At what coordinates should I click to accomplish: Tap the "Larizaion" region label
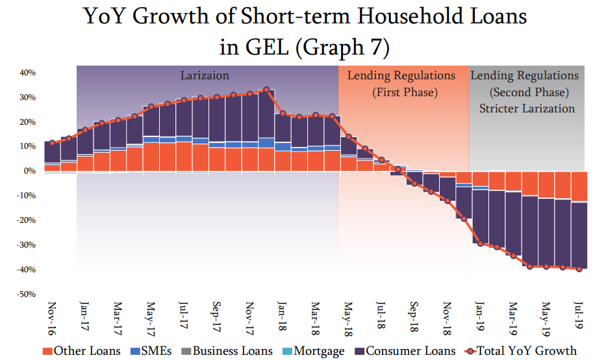point(205,76)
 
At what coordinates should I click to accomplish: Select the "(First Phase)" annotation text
point(405,92)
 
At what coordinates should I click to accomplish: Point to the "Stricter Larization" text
point(527,109)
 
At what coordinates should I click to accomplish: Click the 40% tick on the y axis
point(27,73)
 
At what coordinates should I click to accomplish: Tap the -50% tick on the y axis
point(25,294)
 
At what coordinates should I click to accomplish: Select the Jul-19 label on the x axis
point(579,316)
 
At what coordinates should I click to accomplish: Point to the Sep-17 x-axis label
point(217,318)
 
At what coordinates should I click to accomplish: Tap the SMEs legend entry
point(153,351)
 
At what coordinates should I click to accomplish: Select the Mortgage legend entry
point(313,351)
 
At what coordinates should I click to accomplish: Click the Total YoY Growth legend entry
point(521,351)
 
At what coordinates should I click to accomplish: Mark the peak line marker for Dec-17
point(266,89)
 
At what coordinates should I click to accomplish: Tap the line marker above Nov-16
point(53,142)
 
